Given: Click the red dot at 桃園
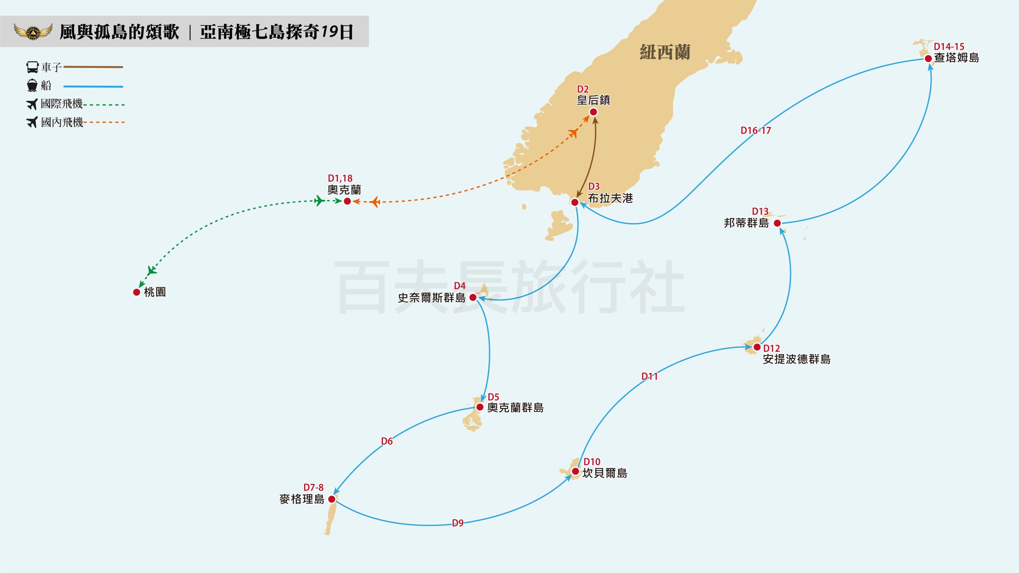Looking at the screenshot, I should [137, 292].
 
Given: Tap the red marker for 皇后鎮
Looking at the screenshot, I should [593, 112].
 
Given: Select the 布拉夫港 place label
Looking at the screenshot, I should [610, 198].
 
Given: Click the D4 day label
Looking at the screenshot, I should [460, 286].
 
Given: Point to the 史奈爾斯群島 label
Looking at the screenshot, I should [431, 298].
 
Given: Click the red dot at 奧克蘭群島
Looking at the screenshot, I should [480, 407].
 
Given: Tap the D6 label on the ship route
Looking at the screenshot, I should [387, 441].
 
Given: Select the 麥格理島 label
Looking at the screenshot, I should [302, 499].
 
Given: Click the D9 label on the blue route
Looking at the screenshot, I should [458, 523].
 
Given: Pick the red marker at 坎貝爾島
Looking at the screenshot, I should [576, 472].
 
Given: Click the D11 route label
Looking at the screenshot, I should [649, 376].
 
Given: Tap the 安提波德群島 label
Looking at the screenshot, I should [796, 359].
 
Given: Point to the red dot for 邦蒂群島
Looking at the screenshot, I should [777, 223].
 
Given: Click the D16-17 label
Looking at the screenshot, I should [755, 131].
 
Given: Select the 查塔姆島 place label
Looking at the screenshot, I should [957, 58].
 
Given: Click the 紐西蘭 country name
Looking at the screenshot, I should [665, 52].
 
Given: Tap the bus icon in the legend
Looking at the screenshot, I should [32, 67].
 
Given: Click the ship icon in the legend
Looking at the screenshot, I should [32, 85].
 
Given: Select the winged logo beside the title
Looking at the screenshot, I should [33, 31].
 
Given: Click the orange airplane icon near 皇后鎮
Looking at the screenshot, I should [573, 133].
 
